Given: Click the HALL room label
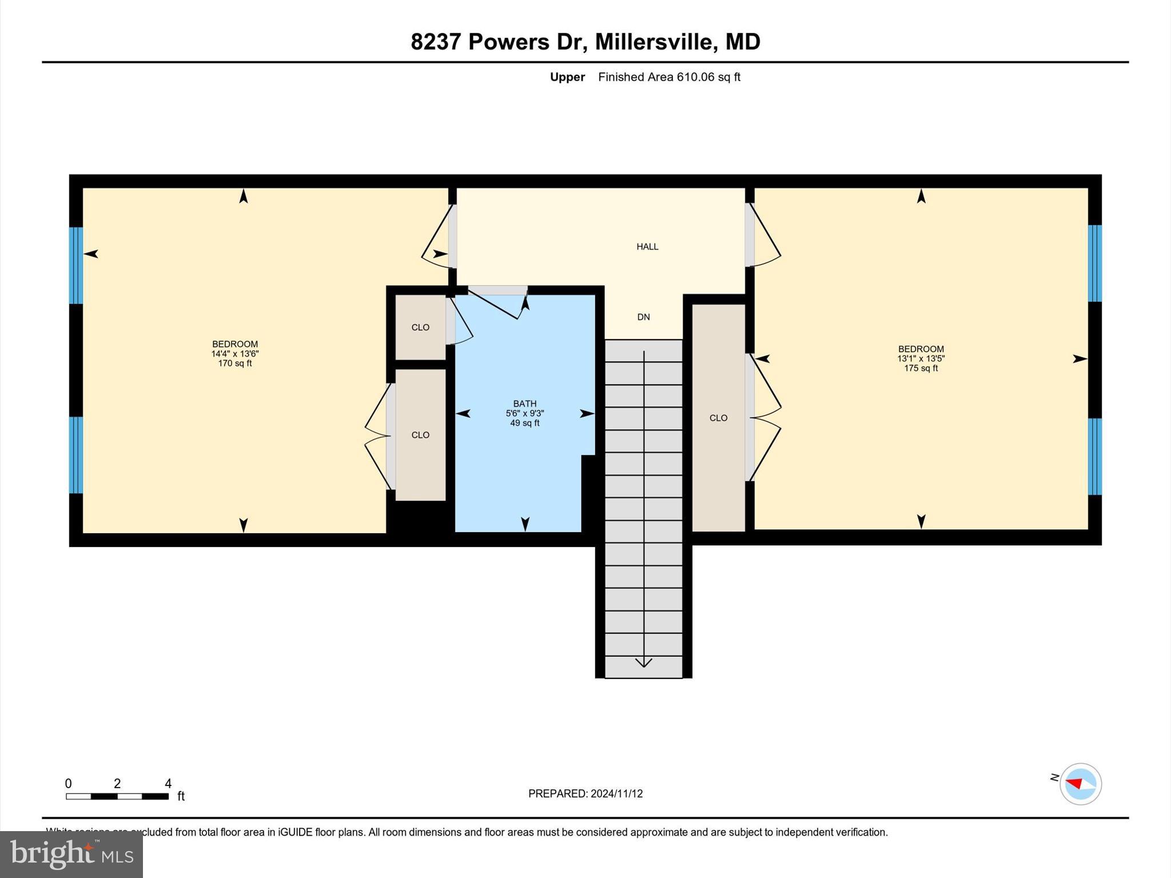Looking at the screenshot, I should pos(647,246).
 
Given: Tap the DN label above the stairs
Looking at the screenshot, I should pos(643,317).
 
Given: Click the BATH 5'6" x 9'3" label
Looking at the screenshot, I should pos(524,413).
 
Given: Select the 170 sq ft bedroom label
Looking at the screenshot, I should pos(234,353).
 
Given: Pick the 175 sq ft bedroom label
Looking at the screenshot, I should pos(921,358).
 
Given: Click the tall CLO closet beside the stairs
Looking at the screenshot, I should pos(718,418).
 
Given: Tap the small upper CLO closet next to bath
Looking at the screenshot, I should pos(420,328).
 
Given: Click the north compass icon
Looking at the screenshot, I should pos(1080,784).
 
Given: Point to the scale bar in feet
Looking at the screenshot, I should pos(117,796).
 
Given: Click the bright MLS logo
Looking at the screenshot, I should pos(71,854).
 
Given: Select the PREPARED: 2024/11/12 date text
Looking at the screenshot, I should pos(585,793).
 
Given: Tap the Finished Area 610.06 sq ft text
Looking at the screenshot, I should pos(669,77).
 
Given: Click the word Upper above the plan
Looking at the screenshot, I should pos(567,77).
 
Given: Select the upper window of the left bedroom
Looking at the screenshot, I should pos(76,265).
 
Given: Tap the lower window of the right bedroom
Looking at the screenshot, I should pos(1094,456).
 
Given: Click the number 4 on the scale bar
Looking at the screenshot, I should pos(168,784).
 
